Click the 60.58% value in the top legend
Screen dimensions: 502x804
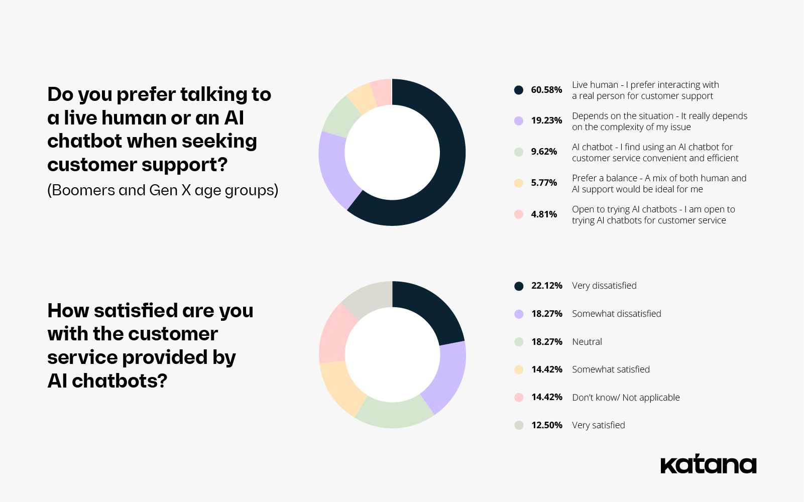[546, 90]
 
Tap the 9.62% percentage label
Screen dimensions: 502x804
[544, 152]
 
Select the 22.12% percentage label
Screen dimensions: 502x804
[547, 286]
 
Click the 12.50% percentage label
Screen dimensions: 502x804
[547, 425]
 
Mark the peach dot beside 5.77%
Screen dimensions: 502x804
[519, 183]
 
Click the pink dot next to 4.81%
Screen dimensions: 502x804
[519, 214]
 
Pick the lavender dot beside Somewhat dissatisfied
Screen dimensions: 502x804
[519, 314]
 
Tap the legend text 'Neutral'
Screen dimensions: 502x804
[587, 342]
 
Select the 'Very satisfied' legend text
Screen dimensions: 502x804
[599, 425]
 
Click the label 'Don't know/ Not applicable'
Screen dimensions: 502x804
[626, 398]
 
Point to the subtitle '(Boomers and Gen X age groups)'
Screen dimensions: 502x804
[163, 191]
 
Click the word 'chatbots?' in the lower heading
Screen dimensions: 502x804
[120, 381]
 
